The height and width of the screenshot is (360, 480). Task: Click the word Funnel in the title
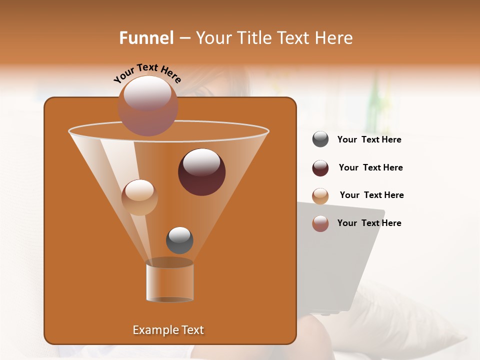tap(146, 38)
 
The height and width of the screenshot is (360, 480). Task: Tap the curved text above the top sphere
tap(147, 74)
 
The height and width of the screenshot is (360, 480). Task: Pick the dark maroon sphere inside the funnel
tap(201, 172)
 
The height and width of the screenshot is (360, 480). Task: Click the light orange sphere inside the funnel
tap(139, 197)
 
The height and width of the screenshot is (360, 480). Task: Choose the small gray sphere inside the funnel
tap(179, 240)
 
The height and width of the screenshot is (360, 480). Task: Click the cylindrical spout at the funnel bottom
tap(169, 280)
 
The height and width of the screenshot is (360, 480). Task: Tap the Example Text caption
tap(168, 330)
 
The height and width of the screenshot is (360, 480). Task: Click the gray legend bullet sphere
tap(320, 139)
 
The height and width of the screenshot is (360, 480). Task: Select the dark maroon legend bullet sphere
tap(320, 168)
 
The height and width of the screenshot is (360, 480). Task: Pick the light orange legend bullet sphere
tap(320, 196)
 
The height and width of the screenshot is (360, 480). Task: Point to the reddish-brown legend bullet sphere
tap(320, 223)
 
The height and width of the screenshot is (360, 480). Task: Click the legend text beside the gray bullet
tap(369, 140)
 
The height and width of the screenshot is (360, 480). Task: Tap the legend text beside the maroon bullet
tap(370, 168)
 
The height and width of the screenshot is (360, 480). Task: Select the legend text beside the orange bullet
tap(371, 195)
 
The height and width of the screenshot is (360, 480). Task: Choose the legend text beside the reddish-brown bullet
tap(369, 223)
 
